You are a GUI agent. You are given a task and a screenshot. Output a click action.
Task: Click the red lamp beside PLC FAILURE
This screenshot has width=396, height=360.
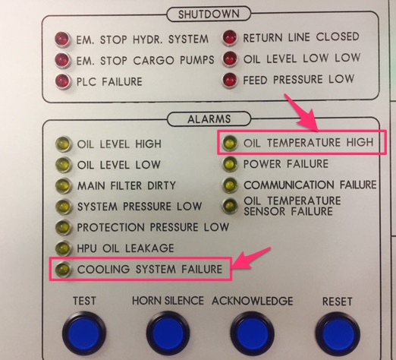point(62,81)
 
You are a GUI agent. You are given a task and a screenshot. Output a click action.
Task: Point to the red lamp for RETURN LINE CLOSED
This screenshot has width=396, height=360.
point(230,37)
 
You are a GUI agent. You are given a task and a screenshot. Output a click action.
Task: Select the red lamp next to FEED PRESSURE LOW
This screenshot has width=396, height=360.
point(230,80)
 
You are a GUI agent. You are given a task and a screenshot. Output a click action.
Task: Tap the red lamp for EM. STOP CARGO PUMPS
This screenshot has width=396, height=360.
point(62,60)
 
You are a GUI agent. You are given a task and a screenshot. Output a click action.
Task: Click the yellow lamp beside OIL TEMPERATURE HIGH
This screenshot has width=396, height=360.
point(230,143)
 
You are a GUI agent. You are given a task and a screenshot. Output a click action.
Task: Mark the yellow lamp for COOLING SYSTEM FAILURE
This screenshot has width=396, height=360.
point(63,269)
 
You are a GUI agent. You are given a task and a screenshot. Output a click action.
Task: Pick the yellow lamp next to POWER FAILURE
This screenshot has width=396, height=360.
point(230,164)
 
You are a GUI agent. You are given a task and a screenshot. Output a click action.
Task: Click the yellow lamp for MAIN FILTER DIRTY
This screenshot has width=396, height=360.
point(63,185)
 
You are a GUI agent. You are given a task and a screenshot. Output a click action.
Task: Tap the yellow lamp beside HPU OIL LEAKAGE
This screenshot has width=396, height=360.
point(63,248)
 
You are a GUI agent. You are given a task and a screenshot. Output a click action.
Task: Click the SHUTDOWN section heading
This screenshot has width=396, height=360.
point(209,14)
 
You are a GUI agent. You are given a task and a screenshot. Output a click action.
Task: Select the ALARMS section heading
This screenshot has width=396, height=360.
point(209,119)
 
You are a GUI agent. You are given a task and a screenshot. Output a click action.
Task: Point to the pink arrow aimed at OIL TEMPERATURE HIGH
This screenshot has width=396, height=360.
point(301,113)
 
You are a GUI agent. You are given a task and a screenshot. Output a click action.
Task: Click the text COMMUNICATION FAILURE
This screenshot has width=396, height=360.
point(310,185)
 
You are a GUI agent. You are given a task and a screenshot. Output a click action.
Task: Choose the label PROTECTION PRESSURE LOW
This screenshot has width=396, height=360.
point(153,227)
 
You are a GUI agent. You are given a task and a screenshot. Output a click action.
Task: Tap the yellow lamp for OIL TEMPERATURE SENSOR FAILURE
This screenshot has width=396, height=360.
point(230,205)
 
